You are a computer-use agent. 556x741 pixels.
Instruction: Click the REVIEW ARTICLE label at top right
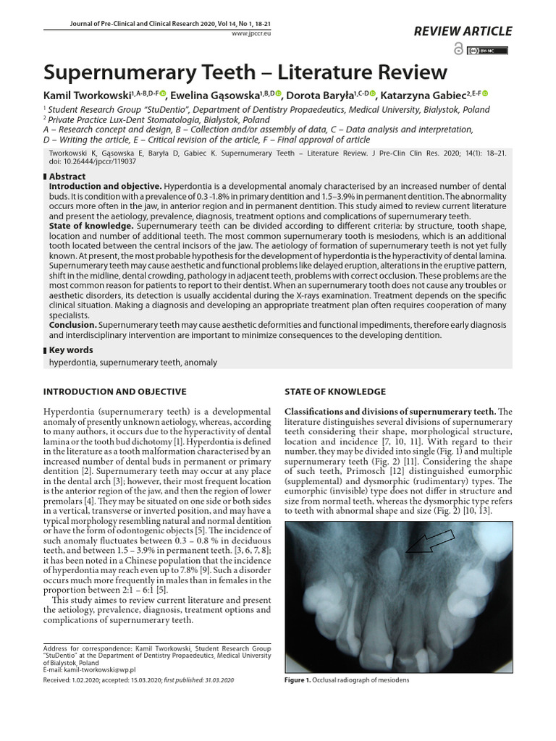pyautogui.click(x=463, y=31)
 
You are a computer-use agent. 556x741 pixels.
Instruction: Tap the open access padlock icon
pyautogui.click(x=458, y=49)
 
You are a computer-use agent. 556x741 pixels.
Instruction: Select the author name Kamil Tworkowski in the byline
pyautogui.click(x=88, y=96)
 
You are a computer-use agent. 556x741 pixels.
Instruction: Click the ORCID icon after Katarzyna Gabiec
pyautogui.click(x=484, y=93)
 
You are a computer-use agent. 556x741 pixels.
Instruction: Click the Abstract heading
pyautogui.click(x=67, y=176)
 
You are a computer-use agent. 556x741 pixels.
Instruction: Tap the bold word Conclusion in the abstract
pyautogui.click(x=72, y=325)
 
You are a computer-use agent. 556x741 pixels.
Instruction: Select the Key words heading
pyautogui.click(x=70, y=350)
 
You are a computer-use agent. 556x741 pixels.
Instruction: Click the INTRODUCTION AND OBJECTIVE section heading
pyautogui.click(x=114, y=391)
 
